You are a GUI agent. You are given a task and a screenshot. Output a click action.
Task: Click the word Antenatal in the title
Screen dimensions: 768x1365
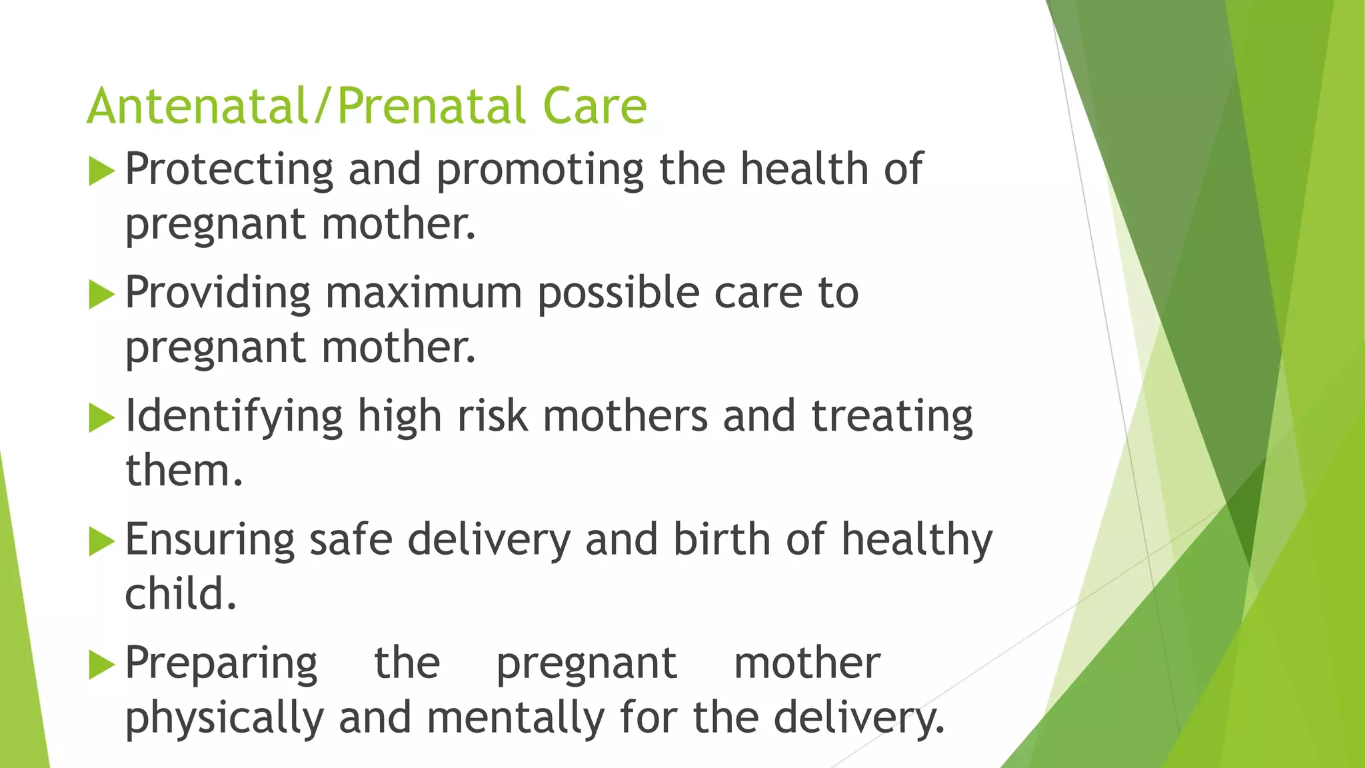point(197,107)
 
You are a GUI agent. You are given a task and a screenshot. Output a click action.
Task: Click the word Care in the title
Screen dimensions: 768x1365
point(595,107)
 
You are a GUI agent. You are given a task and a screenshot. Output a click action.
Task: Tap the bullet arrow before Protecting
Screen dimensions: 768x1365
point(101,171)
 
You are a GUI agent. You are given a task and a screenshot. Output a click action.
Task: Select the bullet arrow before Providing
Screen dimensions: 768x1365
point(101,295)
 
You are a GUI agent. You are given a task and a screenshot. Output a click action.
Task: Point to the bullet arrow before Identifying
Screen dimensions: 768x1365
point(101,418)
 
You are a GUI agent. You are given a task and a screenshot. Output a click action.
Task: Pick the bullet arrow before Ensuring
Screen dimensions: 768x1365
point(101,541)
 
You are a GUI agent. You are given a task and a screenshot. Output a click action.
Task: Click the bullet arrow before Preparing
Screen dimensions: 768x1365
point(101,665)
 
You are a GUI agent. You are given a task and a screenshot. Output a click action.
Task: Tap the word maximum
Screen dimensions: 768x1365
point(423,293)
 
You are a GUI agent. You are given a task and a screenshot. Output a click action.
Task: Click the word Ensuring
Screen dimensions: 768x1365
point(209,540)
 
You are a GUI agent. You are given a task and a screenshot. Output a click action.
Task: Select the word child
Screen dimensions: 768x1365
point(180,594)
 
